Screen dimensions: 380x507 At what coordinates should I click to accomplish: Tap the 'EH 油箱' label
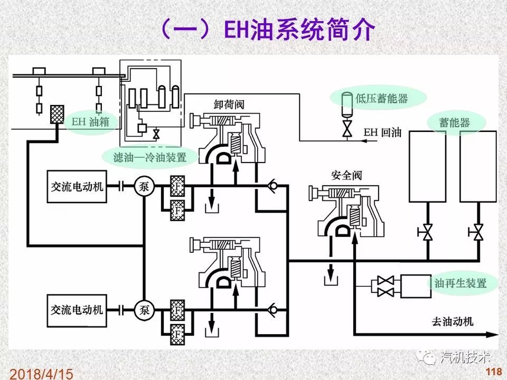coord(89,122)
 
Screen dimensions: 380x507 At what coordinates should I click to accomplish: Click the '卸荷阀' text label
coord(229,104)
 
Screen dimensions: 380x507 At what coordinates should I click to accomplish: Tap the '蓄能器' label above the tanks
coord(455,123)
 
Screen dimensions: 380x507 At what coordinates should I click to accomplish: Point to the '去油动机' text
coord(453,322)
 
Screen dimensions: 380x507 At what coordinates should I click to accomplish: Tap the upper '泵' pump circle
coord(143,186)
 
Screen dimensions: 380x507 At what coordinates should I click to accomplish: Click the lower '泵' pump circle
coord(143,309)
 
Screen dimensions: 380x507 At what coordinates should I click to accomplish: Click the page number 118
coord(492,372)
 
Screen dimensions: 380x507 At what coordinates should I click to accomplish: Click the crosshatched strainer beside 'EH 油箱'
coord(58,114)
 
